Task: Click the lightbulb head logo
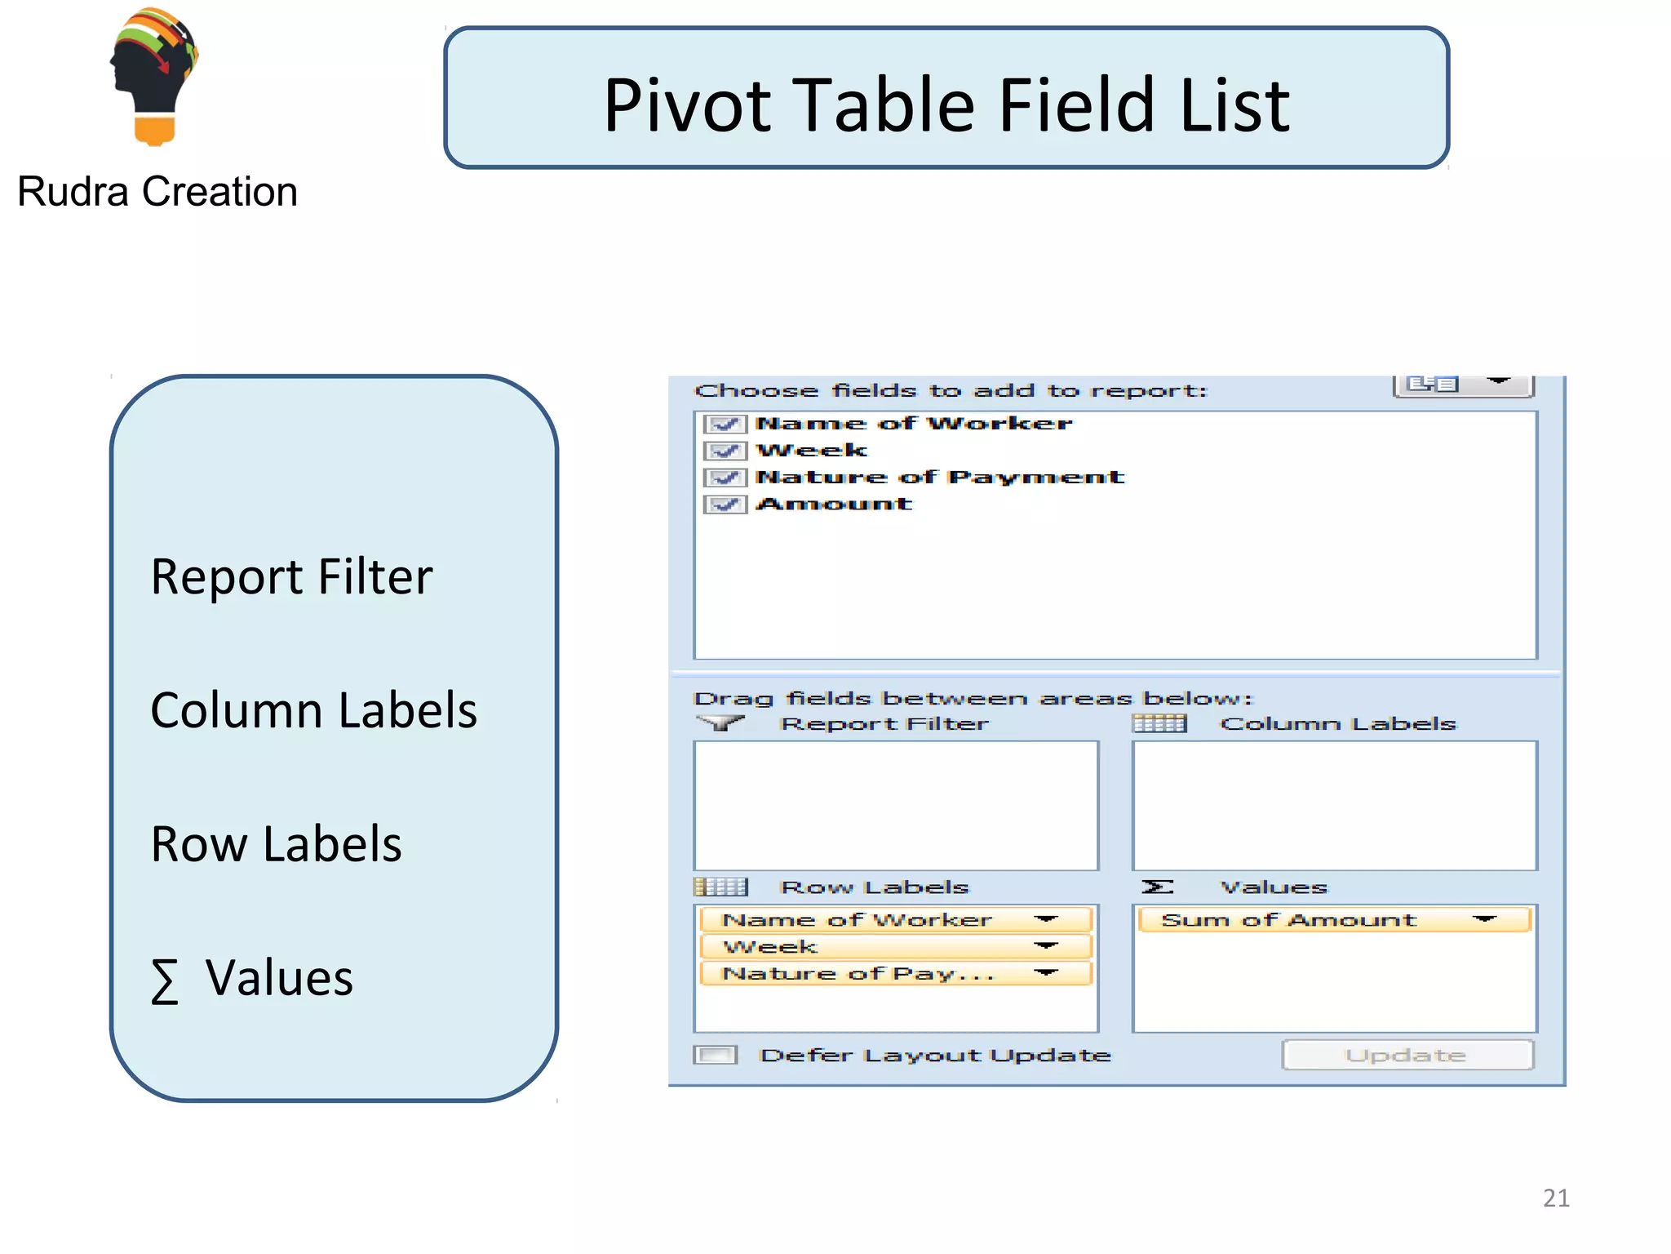[154, 77]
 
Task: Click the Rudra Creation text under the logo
[157, 193]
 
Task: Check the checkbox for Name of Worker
[725, 424]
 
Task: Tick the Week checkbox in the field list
[725, 451]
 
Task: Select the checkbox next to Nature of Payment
[725, 478]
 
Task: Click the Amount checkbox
[725, 505]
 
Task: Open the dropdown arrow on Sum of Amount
[1484, 920]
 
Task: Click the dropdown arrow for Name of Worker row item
[1045, 920]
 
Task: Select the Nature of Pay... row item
[857, 974]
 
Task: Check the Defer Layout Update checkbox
[716, 1055]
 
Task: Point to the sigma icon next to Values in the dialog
[1157, 887]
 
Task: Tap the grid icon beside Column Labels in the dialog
[1159, 724]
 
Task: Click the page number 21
[1555, 1198]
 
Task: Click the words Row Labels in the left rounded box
[277, 844]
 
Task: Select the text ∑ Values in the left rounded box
[252, 978]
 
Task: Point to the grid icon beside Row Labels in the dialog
[720, 887]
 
